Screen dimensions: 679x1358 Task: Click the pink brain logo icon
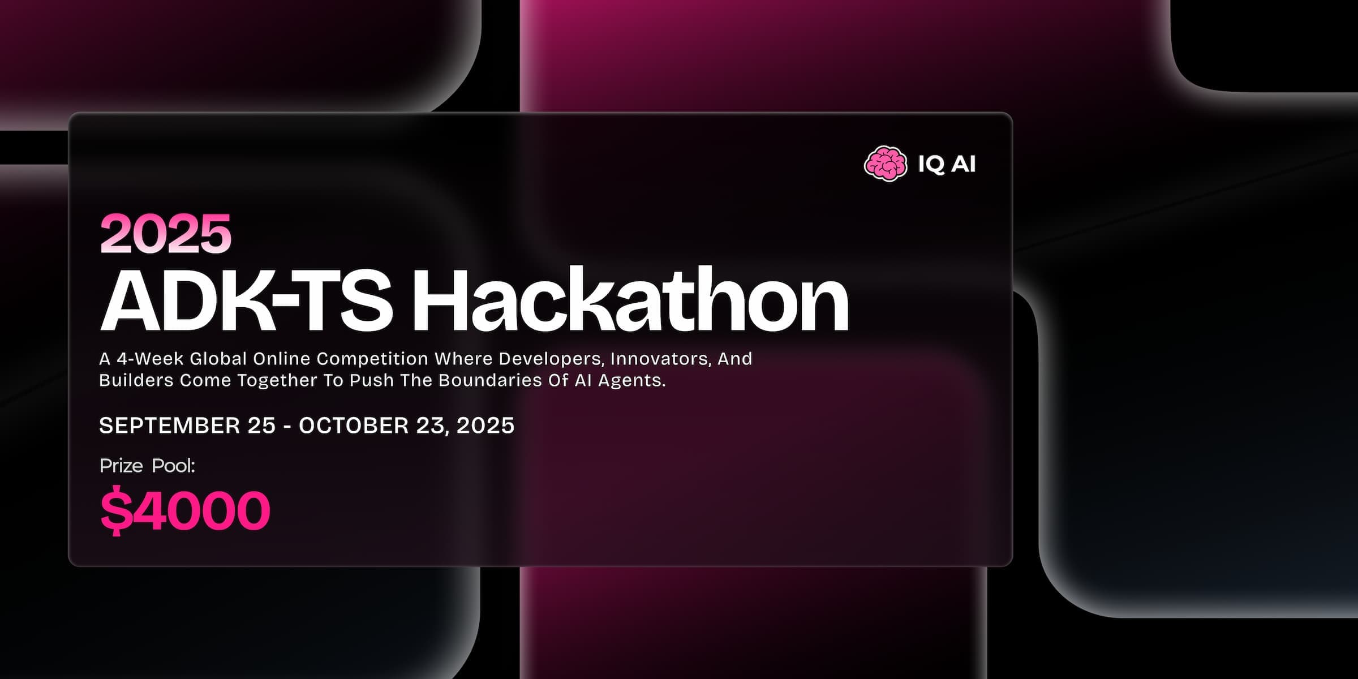pos(886,164)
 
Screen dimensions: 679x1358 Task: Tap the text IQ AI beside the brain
pos(947,164)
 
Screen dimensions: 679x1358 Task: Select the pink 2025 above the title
pos(166,233)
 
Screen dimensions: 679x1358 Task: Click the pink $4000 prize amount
pos(185,510)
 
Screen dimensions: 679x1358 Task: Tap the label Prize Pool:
pos(147,466)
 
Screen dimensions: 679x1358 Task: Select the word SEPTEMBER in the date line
pos(169,426)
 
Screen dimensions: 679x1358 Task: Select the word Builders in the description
pos(136,380)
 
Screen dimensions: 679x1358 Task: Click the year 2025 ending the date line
pos(485,426)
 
